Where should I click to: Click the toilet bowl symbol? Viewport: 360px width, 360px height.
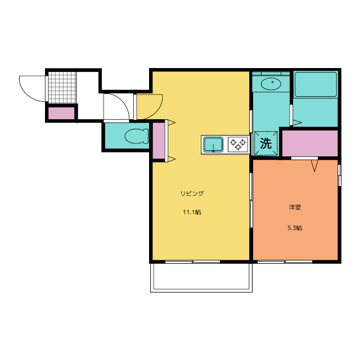point(137,136)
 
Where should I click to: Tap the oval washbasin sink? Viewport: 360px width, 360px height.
point(271,84)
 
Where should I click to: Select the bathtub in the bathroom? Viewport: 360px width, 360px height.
point(316,84)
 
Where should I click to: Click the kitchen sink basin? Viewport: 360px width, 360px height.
point(213,145)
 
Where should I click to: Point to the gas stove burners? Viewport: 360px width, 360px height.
point(238,145)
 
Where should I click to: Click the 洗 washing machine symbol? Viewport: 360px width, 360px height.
point(266,143)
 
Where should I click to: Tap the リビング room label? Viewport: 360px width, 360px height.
point(192,193)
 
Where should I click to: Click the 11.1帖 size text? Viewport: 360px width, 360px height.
point(192,212)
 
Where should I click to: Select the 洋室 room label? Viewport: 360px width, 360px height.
point(295,207)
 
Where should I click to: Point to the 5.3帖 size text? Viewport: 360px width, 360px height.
point(295,228)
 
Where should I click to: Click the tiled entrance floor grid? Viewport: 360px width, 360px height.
point(62,88)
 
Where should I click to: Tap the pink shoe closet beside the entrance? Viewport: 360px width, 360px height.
point(61,113)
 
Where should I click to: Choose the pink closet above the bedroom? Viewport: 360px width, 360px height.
point(310,143)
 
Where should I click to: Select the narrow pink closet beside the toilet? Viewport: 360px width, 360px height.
point(159,141)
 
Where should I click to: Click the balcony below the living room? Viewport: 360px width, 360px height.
point(201,277)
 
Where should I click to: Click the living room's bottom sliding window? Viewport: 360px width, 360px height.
point(192,262)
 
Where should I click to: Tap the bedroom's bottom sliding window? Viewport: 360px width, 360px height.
point(285,262)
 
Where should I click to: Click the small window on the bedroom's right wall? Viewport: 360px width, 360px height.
point(339,175)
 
